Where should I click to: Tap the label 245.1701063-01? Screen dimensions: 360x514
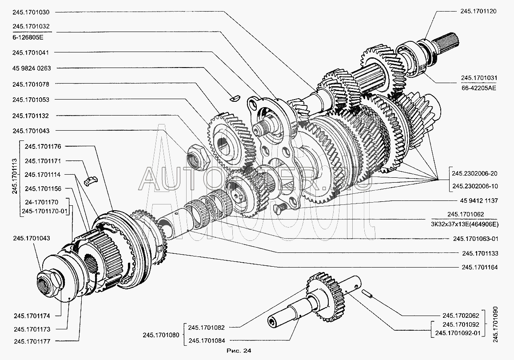tap(476, 239)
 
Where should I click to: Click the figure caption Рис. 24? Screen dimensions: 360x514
tap(239, 351)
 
